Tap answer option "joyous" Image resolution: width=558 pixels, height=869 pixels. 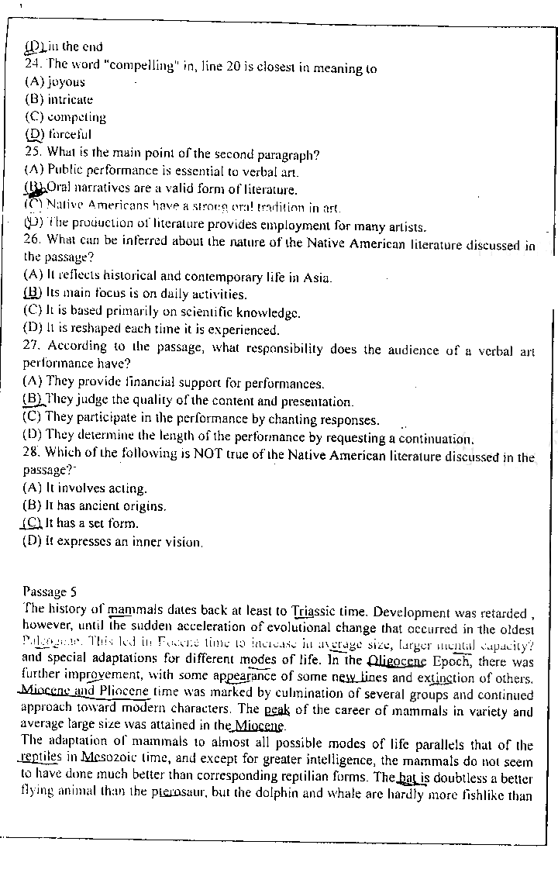click(x=66, y=81)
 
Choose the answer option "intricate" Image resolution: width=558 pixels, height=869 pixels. click(x=70, y=99)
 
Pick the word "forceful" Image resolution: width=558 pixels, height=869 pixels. click(x=69, y=134)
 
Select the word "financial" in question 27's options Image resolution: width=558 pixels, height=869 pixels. click(x=144, y=383)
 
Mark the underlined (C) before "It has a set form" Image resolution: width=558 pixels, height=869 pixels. click(x=33, y=523)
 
